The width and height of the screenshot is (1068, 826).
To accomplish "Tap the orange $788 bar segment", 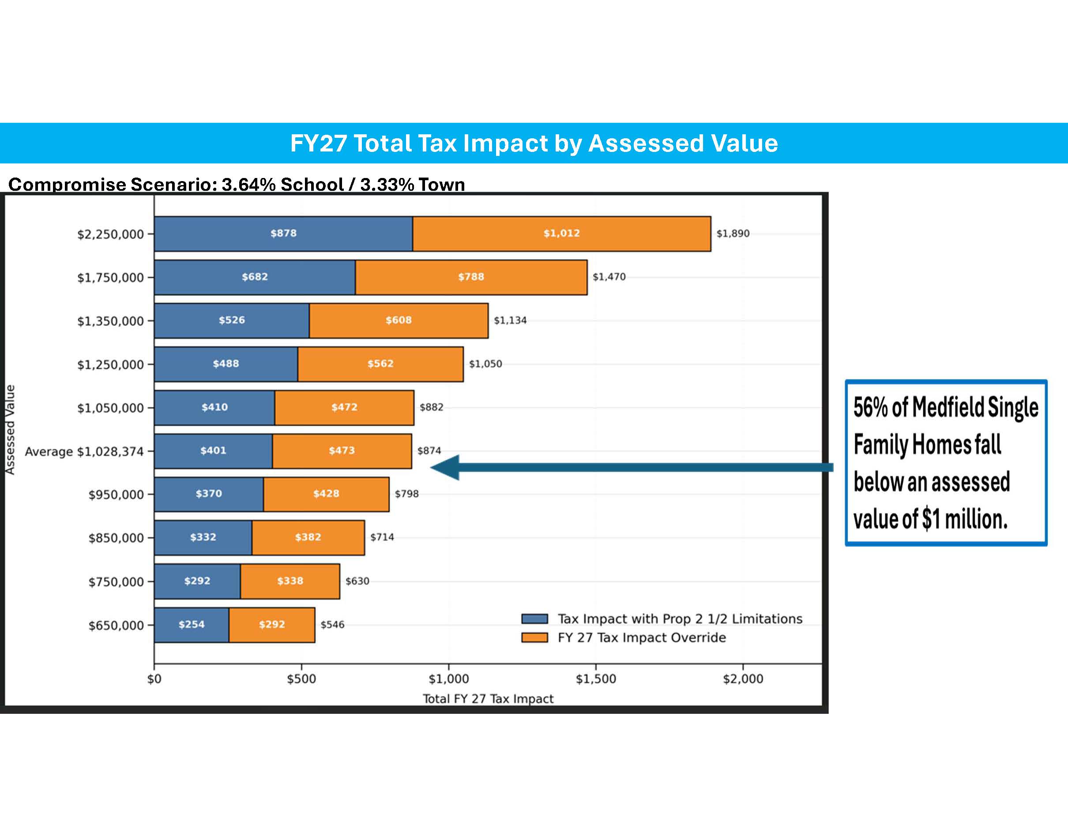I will click(471, 277).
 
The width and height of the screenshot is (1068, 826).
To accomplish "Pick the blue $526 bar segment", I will click(231, 321).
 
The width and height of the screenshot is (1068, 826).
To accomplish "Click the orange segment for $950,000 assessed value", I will click(326, 494).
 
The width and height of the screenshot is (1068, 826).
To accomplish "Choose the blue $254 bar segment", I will click(191, 625).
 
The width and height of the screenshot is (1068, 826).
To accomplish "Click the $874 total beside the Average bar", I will click(429, 451).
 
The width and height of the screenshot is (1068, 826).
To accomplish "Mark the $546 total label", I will click(332, 625).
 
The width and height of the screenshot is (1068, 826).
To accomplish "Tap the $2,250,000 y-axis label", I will click(110, 235).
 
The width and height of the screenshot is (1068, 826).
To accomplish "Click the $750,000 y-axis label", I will click(116, 582).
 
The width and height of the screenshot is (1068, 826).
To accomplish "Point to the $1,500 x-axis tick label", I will click(596, 679).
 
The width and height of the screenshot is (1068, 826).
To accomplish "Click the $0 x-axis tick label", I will click(154, 679).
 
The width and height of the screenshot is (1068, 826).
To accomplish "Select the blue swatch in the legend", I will click(534, 619).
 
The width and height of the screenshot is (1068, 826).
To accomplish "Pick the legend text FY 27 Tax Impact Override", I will click(642, 637).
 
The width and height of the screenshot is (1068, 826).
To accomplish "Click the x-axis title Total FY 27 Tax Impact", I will click(488, 699).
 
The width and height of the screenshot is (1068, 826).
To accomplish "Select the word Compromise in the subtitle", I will click(68, 185).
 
